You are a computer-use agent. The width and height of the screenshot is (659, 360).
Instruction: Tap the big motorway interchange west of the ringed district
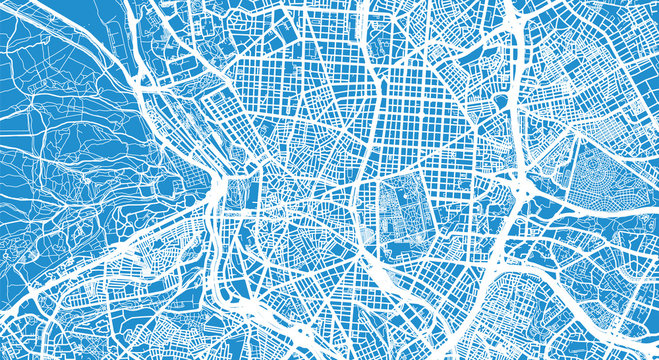(522, 185)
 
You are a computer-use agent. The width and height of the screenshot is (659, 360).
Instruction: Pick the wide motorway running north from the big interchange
(515, 100)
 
